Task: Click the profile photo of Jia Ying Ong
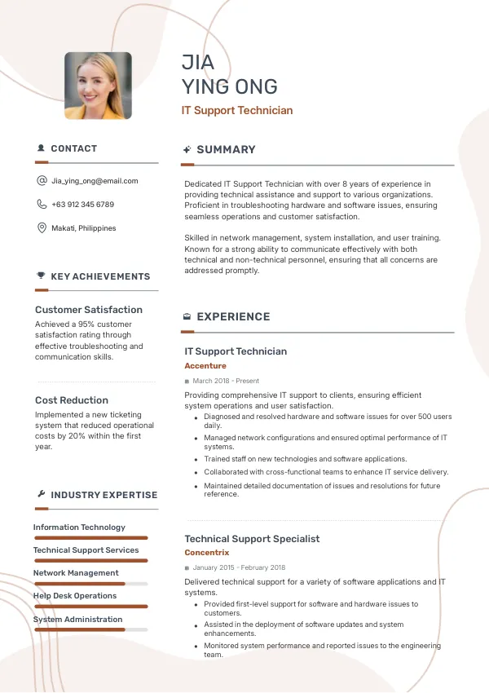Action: pos(98,86)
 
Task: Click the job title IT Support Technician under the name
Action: pos(236,110)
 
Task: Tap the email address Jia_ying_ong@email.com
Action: pos(95,181)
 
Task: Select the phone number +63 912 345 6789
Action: pos(82,205)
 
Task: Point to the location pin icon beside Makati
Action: pos(42,228)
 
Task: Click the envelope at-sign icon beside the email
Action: pos(42,181)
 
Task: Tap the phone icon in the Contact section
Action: pos(42,205)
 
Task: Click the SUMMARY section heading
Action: pos(226,150)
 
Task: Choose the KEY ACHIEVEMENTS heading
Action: pos(100,276)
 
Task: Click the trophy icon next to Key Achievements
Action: pos(41,276)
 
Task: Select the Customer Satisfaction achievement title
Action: pos(89,310)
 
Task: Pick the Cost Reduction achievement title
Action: pos(72,400)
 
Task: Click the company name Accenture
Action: pos(205,366)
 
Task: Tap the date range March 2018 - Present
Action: pos(226,381)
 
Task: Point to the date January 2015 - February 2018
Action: pos(239,567)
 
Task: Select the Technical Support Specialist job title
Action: pos(252,539)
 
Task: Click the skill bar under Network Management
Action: pos(90,584)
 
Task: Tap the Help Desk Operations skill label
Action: pos(75,596)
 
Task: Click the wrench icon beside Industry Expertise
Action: pos(41,495)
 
